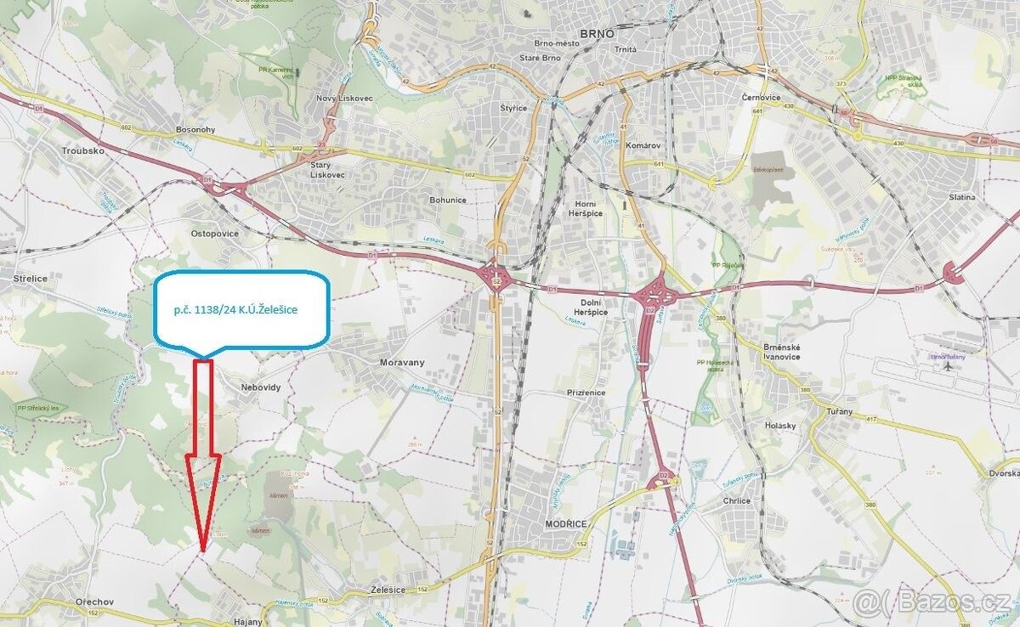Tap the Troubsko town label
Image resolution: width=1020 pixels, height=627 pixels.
tap(82, 150)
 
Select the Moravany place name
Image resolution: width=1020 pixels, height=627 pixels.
tap(402, 362)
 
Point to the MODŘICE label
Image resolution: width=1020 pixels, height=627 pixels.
tap(562, 526)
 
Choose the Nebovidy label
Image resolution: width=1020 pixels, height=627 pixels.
tap(260, 387)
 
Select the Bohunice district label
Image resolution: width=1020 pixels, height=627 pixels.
tap(448, 200)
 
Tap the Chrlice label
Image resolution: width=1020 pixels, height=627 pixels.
tap(736, 500)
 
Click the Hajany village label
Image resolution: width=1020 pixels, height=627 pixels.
tap(248, 621)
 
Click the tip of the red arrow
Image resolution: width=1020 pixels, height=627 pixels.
tap(202, 551)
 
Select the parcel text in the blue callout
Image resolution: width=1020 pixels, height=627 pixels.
tap(235, 311)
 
